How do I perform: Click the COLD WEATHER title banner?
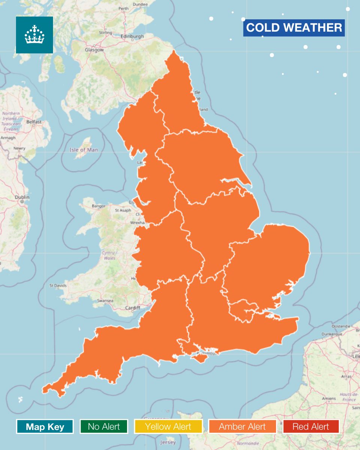pyautogui.click(x=294, y=28)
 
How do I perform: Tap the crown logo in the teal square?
pyautogui.click(x=34, y=34)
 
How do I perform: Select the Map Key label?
pyautogui.click(x=45, y=426)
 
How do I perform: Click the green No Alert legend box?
pyautogui.click(x=104, y=426)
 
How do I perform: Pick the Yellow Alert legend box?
pyautogui.click(x=168, y=426)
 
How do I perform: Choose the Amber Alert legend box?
pyautogui.click(x=242, y=426)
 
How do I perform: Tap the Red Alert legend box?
pyautogui.click(x=311, y=426)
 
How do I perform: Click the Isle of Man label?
pyautogui.click(x=84, y=150)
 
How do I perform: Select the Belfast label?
pyautogui.click(x=34, y=122)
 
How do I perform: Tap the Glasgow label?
pyautogui.click(x=94, y=49)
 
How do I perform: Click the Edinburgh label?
pyautogui.click(x=132, y=36)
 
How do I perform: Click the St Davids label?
pyautogui.click(x=58, y=286)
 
